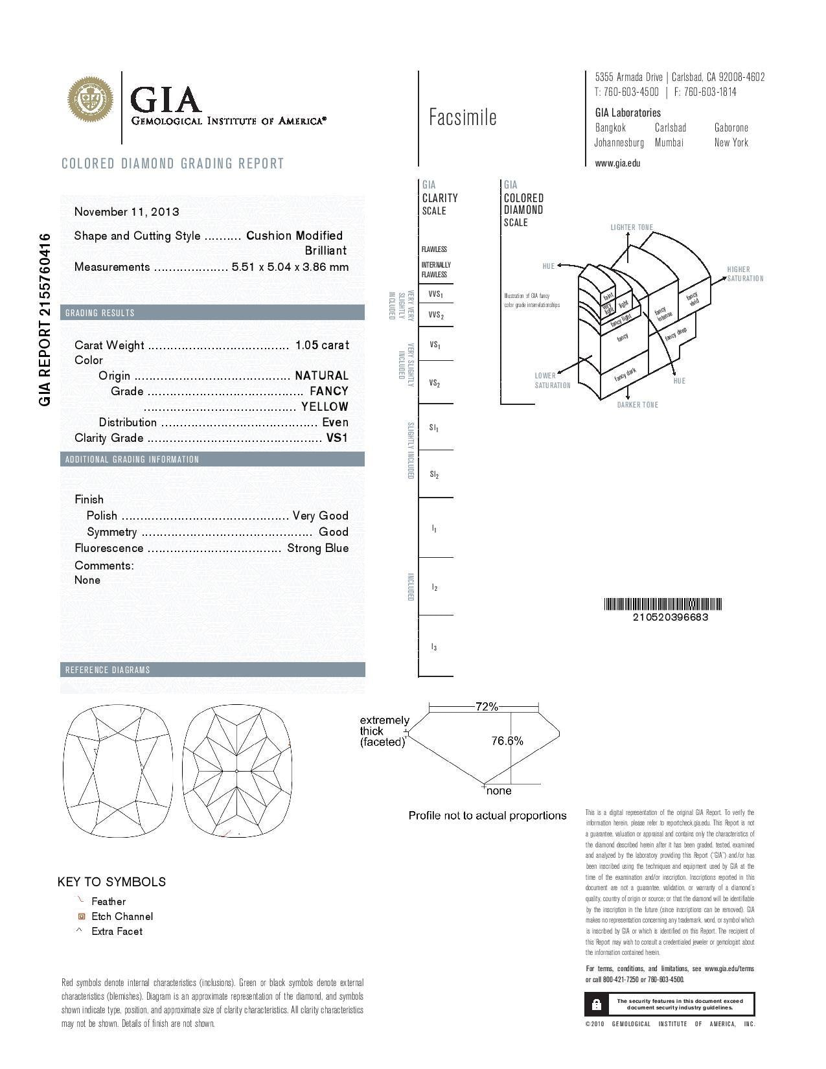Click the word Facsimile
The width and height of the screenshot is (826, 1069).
463,117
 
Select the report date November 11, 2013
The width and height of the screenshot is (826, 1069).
127,212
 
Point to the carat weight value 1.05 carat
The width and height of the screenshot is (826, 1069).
322,345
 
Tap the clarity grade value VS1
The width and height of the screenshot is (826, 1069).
337,438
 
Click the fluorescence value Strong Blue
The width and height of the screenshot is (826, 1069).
318,548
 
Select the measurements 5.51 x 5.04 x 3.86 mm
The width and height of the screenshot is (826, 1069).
290,267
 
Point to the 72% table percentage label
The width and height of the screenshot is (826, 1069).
487,707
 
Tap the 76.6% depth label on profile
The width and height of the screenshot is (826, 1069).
507,741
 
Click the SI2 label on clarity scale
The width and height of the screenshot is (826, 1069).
434,475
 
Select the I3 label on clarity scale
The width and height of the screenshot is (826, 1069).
434,647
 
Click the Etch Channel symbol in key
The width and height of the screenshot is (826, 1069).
82,917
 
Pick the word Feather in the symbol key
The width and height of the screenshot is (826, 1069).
109,902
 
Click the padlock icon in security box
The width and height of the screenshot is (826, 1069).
597,1004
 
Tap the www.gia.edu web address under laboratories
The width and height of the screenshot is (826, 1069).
617,163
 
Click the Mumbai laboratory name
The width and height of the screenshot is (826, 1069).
669,143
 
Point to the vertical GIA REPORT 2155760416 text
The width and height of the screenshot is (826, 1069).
45,319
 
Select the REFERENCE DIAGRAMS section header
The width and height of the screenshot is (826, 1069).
108,670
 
